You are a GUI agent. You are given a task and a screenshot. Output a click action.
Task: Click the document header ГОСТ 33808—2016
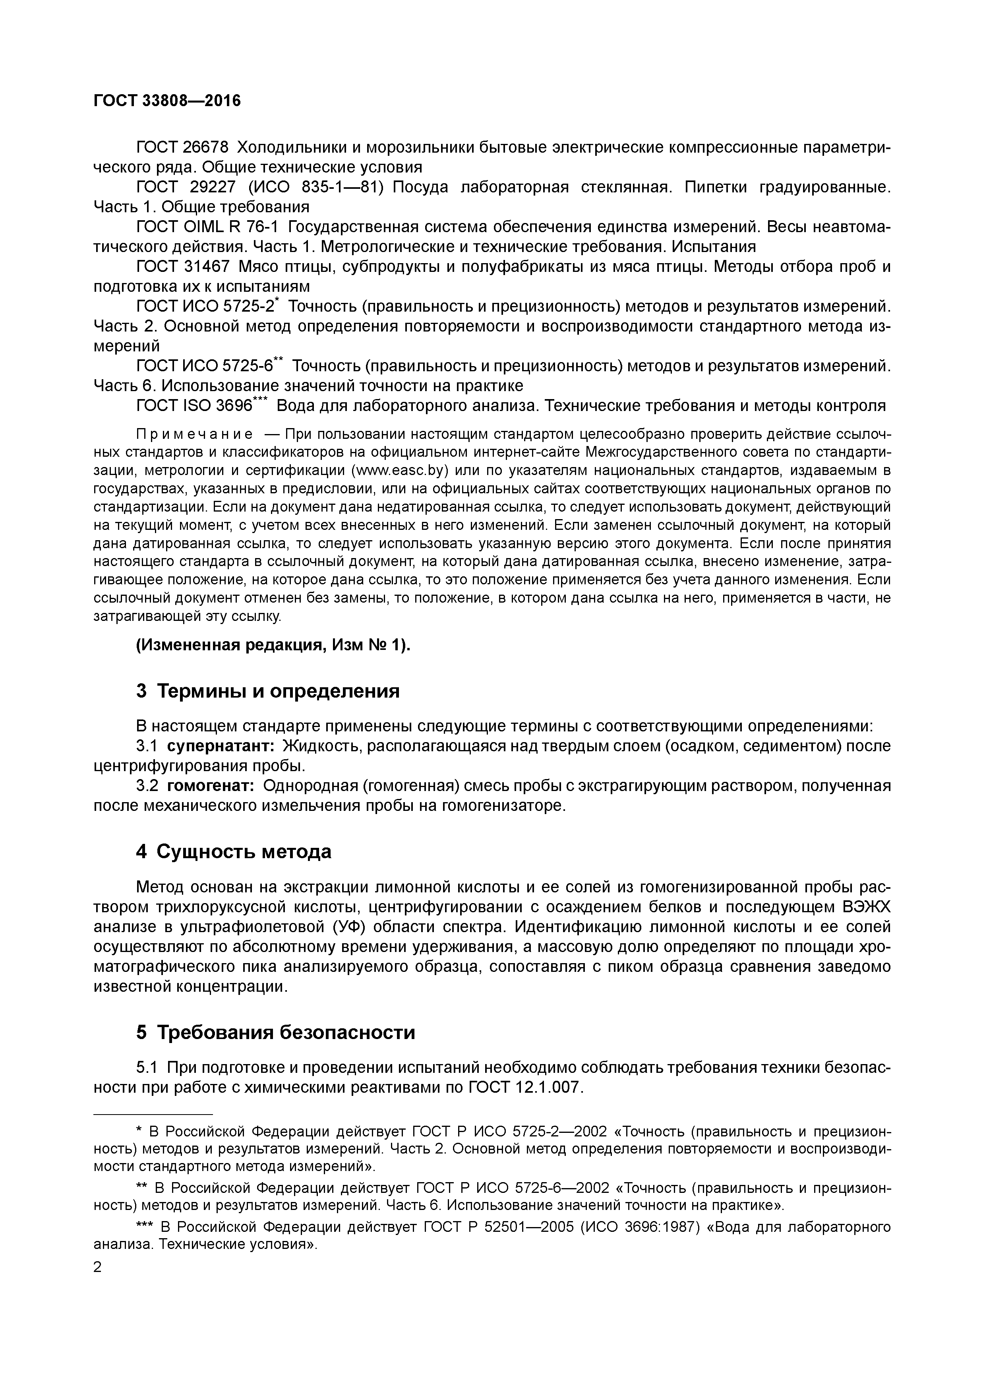tap(167, 101)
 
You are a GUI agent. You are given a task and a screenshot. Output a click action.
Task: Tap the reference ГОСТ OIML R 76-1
tap(207, 227)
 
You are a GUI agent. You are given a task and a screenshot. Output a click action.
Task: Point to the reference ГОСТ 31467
tap(183, 267)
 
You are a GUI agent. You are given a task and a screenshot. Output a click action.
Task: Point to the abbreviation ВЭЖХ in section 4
tap(867, 907)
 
